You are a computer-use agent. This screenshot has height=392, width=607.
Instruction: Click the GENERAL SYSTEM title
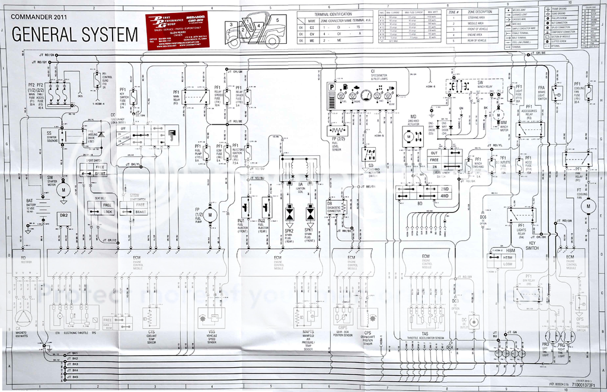(x=75, y=34)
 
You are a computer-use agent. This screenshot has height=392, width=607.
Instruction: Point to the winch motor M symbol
(x=499, y=114)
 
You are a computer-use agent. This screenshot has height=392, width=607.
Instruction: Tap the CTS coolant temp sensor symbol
(x=151, y=317)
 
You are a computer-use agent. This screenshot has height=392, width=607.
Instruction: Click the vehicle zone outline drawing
(x=255, y=30)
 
